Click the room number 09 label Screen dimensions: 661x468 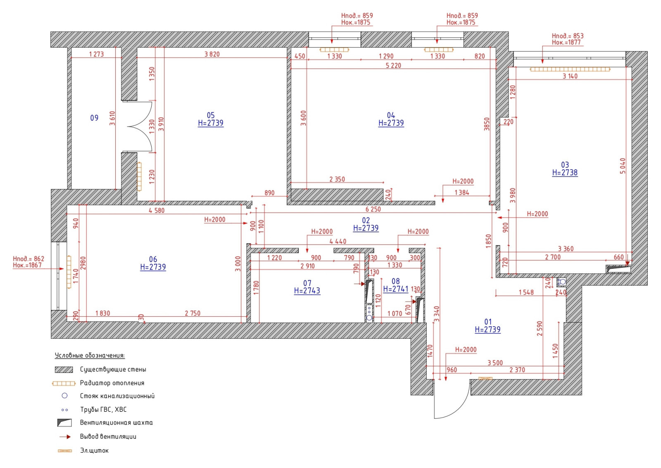[94, 118]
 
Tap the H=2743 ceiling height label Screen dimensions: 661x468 [307, 291]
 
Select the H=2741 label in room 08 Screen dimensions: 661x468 [396, 289]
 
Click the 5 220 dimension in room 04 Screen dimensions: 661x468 [393, 66]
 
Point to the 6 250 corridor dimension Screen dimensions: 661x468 [373, 209]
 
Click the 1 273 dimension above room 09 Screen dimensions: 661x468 [97, 54]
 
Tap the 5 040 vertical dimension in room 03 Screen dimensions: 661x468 [623, 166]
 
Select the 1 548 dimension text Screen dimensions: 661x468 [526, 292]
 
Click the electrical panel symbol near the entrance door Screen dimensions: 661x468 [485, 378]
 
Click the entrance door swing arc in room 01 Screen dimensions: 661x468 [460, 409]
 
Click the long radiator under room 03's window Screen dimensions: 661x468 [570, 69]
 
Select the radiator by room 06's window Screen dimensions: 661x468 [69, 272]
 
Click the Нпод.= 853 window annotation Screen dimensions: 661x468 [568, 36]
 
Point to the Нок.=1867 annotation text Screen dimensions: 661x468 [27, 265]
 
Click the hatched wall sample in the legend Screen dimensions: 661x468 [64, 370]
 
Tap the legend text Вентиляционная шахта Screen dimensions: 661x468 [116, 423]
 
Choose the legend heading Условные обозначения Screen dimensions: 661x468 [90, 355]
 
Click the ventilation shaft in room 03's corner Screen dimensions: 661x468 [618, 269]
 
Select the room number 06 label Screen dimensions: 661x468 [153, 259]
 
